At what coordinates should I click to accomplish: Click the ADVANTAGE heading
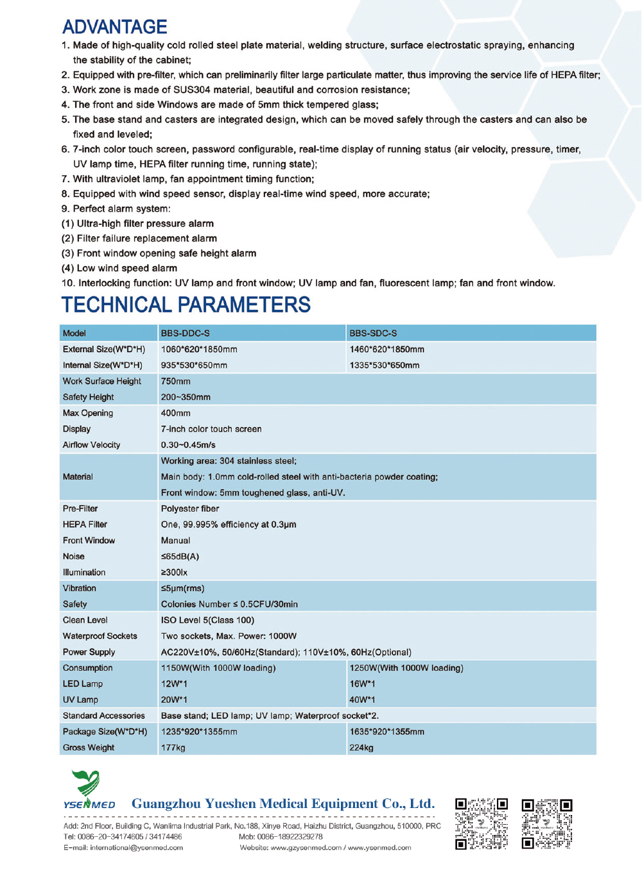coord(115,27)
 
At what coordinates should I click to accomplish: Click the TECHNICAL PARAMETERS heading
coord(186,305)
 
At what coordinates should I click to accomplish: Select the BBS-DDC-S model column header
coord(186,333)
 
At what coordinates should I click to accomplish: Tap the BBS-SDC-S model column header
coord(373,333)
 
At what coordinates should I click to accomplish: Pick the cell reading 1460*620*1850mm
coord(386,350)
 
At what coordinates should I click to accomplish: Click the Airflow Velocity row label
coord(91,445)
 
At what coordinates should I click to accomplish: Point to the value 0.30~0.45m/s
coord(188,445)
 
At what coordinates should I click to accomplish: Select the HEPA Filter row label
coord(85,525)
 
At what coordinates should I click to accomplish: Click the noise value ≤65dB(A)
coord(180,557)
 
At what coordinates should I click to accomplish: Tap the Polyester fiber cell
coord(190,509)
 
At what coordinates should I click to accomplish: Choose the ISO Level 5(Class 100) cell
coord(207,620)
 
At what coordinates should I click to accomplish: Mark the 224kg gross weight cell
coord(361,748)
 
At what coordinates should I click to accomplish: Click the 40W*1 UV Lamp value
coord(362,700)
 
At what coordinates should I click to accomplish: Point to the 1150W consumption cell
coord(218,668)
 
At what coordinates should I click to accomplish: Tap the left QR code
coord(481,823)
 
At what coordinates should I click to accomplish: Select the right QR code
coord(547,823)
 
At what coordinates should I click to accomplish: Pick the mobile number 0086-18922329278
coord(290,837)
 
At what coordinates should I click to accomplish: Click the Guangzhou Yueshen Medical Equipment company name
coord(283,804)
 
